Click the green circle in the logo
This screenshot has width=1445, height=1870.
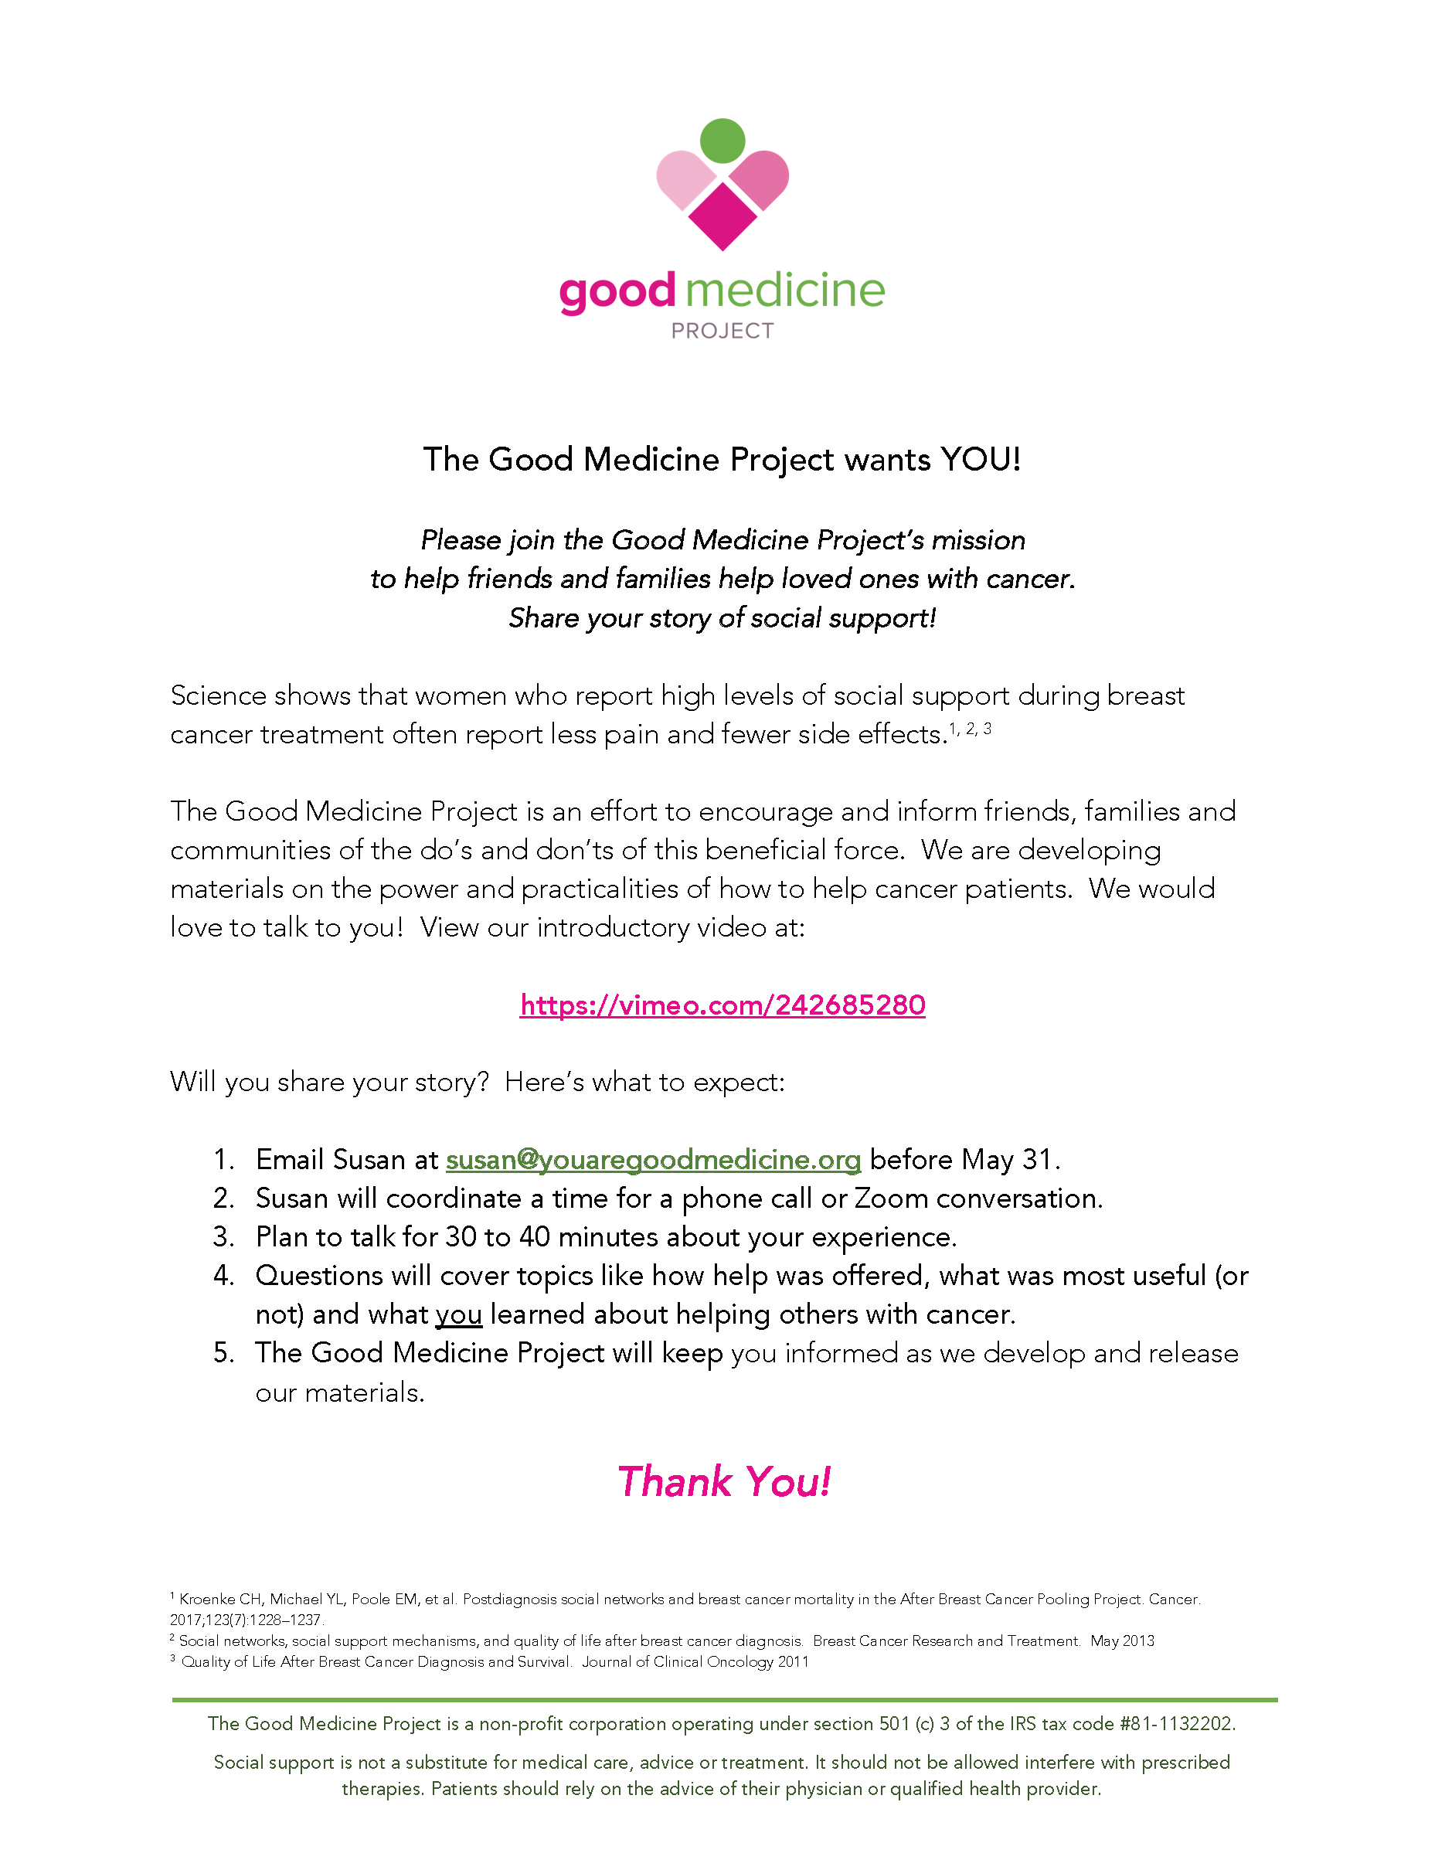click(722, 141)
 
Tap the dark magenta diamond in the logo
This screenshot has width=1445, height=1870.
click(722, 216)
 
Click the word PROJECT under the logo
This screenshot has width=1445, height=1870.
click(722, 331)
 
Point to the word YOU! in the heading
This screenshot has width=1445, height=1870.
click(980, 460)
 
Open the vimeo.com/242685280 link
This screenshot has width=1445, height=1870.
click(722, 1005)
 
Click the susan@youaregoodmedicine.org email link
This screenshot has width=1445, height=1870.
click(653, 1159)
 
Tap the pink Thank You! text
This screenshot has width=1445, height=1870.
click(724, 1482)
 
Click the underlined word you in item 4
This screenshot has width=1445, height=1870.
click(459, 1314)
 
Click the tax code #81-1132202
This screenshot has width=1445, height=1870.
click(1177, 1724)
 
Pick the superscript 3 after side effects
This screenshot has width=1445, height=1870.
click(987, 729)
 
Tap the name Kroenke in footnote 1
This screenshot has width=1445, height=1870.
click(208, 1600)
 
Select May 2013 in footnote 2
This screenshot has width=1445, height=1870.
click(1122, 1641)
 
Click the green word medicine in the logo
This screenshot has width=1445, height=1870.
click(785, 291)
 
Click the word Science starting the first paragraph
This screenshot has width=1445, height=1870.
click(218, 695)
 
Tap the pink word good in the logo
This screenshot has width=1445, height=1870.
click(617, 293)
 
